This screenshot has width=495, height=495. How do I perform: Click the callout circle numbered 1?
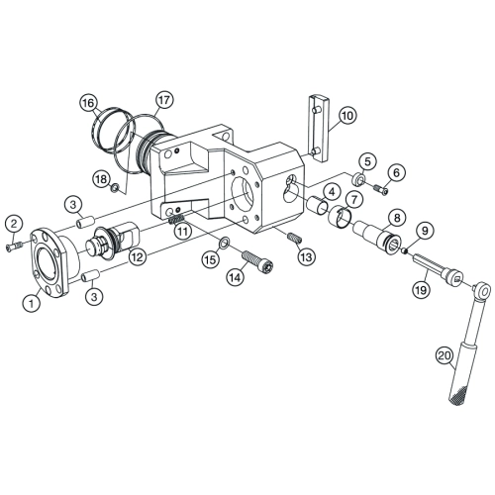[x=32, y=302]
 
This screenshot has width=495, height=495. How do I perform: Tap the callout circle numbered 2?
[x=14, y=224]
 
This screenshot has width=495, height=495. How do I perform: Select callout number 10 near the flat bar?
[x=347, y=116]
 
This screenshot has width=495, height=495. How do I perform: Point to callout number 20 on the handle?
[x=445, y=355]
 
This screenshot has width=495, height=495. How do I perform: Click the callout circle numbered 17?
[x=164, y=100]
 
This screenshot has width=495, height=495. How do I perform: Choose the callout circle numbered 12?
[x=138, y=256]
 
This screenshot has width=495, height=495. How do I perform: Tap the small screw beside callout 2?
[x=14, y=247]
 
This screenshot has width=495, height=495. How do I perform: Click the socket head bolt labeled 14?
[x=257, y=261]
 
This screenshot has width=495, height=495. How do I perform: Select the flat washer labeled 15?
[x=224, y=244]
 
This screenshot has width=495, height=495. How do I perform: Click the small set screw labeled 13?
[x=294, y=238]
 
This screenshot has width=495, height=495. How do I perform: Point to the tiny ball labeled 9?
[x=404, y=251]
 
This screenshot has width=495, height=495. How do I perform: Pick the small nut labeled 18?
[x=115, y=188]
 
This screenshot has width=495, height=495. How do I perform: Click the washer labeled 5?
[x=358, y=179]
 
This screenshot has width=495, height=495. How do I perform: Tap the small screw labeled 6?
[x=381, y=189]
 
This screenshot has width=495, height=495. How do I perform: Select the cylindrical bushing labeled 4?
[x=318, y=204]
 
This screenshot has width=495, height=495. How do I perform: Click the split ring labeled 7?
[x=341, y=217]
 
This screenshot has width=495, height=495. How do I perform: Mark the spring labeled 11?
[x=176, y=219]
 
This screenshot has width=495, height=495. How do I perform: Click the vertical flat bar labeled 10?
[x=319, y=129]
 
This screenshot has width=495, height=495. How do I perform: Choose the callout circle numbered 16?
[x=88, y=103]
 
